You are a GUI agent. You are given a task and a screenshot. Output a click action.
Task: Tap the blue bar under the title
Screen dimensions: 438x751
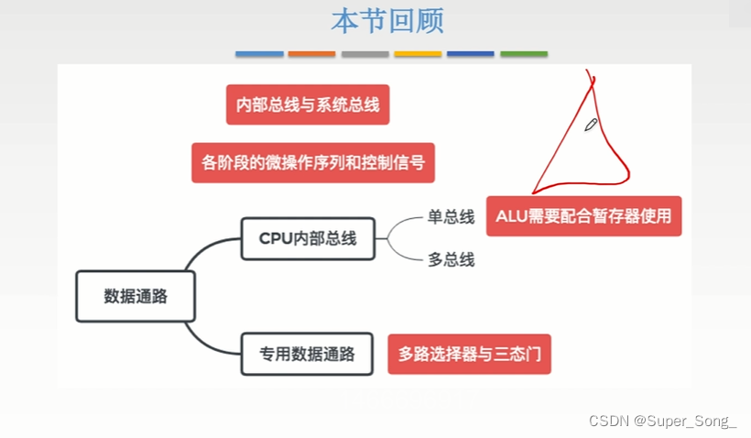pyautogui.click(x=259, y=54)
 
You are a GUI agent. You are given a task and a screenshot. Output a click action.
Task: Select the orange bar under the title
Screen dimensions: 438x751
pyautogui.click(x=312, y=54)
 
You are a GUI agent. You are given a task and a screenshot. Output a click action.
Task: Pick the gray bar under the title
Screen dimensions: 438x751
pyautogui.click(x=365, y=54)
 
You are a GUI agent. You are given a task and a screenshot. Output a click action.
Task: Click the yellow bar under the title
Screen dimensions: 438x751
pyautogui.click(x=418, y=54)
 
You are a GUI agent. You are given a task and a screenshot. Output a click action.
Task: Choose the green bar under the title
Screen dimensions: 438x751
pyautogui.click(x=524, y=54)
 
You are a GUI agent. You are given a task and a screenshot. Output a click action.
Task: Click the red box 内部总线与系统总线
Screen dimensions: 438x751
pyautogui.click(x=308, y=104)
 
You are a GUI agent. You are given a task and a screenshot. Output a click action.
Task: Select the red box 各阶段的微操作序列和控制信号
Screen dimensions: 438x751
pyautogui.click(x=313, y=162)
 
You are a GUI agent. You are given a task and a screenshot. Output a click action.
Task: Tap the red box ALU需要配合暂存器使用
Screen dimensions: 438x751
pyautogui.click(x=583, y=216)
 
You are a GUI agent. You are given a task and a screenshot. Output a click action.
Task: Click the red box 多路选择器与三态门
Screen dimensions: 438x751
pyautogui.click(x=470, y=353)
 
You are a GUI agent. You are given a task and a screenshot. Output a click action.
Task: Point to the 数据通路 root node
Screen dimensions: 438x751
pyautogui.click(x=136, y=296)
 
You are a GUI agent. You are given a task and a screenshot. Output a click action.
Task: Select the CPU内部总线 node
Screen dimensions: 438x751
pyautogui.click(x=307, y=238)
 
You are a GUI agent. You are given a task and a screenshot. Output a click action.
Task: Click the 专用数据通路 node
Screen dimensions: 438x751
pyautogui.click(x=307, y=353)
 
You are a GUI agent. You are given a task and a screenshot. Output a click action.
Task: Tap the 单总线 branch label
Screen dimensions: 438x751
pyautogui.click(x=451, y=217)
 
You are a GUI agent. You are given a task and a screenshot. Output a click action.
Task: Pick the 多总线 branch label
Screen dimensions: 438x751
pyautogui.click(x=451, y=259)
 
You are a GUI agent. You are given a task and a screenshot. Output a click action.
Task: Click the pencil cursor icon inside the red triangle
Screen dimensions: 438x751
pyautogui.click(x=591, y=125)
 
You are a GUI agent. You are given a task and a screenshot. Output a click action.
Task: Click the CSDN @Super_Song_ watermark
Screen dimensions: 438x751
pyautogui.click(x=662, y=422)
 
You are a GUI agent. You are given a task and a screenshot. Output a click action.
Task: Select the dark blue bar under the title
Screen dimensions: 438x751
pyautogui.click(x=471, y=54)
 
